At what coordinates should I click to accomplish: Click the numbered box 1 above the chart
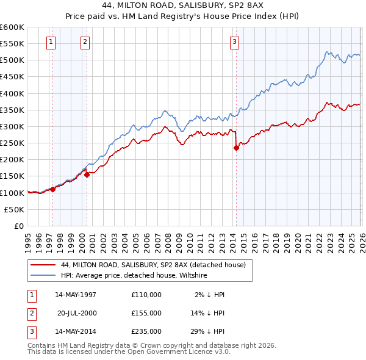pyautogui.click(x=50, y=41)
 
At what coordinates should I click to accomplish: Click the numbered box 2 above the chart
pyautogui.click(x=84, y=41)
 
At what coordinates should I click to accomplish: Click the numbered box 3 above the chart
pyautogui.click(x=234, y=41)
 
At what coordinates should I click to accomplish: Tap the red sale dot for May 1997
pyautogui.click(x=53, y=189)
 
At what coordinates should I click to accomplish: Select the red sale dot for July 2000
pyautogui.click(x=87, y=175)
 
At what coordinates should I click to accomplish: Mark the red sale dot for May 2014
pyautogui.click(x=236, y=148)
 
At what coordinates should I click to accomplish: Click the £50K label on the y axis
pyautogui.click(x=15, y=209)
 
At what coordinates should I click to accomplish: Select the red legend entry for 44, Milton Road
pyautogui.click(x=153, y=265)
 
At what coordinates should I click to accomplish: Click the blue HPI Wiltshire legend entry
pyautogui.click(x=134, y=276)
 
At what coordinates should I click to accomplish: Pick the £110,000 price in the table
pyautogui.click(x=146, y=295)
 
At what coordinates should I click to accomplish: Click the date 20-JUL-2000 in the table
pyautogui.click(x=77, y=313)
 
